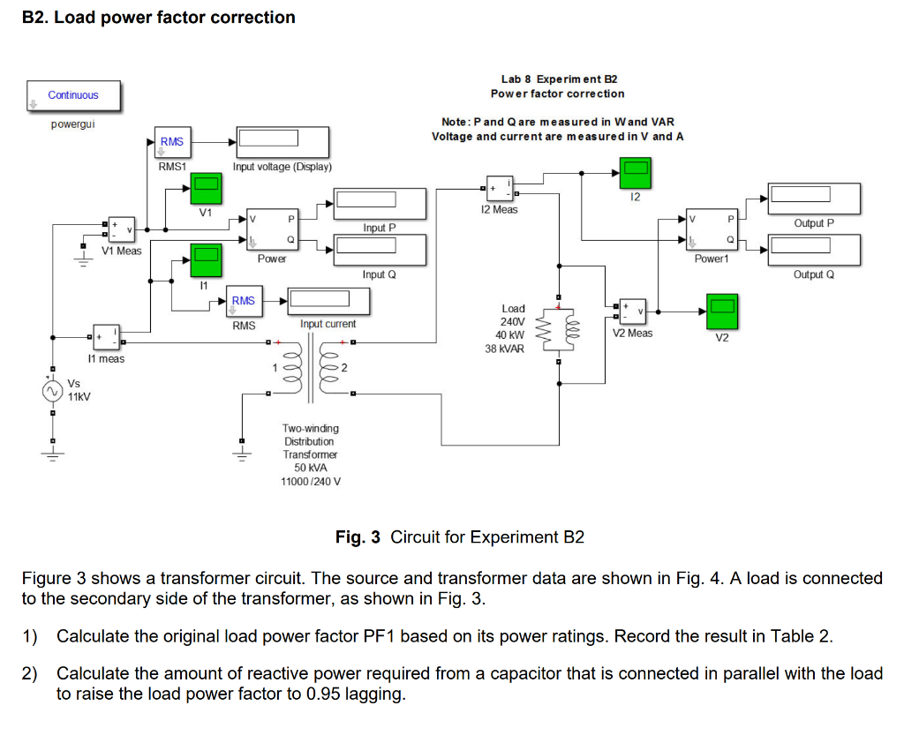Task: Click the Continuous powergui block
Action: [x=73, y=95]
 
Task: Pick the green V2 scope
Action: [x=722, y=311]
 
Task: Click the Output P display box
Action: [x=813, y=198]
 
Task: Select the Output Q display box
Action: [x=813, y=250]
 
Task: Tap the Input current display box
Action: [x=328, y=301]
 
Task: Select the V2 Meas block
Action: [x=632, y=311]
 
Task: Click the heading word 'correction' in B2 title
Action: [x=252, y=18]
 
